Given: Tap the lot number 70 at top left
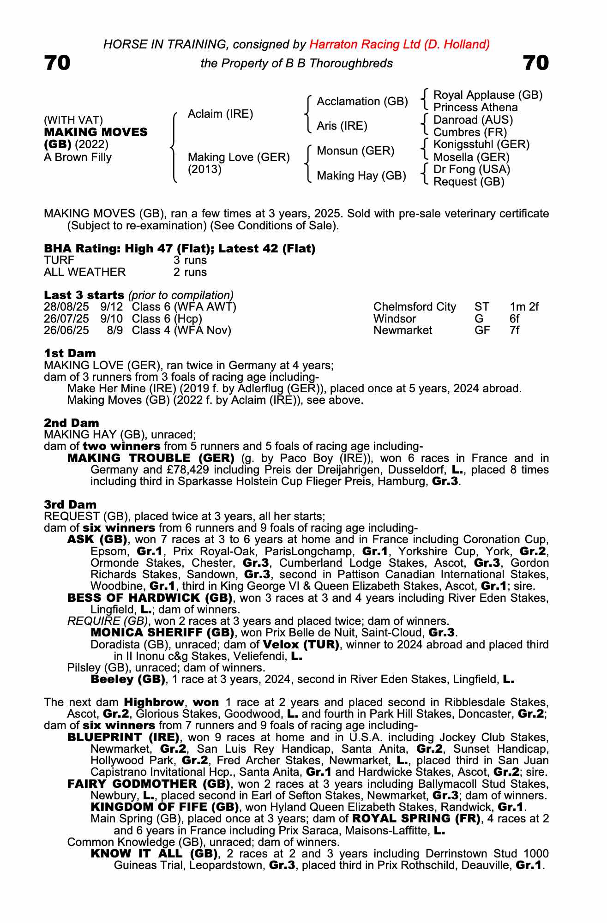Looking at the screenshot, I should [x=57, y=63].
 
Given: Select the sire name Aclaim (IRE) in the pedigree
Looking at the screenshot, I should [x=220, y=114].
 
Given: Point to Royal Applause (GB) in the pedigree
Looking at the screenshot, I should [x=488, y=95].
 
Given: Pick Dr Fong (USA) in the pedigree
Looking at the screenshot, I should [x=472, y=169].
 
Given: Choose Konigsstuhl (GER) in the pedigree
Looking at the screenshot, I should [x=481, y=144].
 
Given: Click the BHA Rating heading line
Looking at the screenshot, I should [x=180, y=249].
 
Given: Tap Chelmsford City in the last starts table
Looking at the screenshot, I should [x=415, y=307].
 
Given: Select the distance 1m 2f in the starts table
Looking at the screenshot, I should [x=524, y=307].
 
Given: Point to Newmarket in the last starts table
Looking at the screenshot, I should [x=403, y=330].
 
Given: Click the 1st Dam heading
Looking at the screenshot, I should [x=70, y=354].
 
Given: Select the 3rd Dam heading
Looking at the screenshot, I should [x=70, y=504].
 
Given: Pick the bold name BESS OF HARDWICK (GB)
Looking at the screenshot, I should [x=150, y=598].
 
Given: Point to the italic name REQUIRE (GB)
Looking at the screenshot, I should [x=108, y=621].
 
